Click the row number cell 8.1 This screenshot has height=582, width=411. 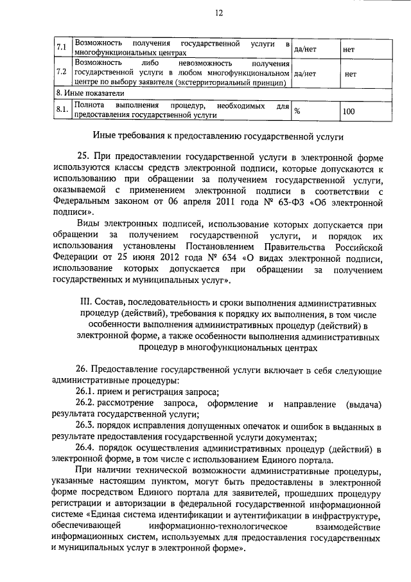62,110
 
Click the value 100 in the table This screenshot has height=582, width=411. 348,111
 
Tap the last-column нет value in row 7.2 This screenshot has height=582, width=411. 350,73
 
